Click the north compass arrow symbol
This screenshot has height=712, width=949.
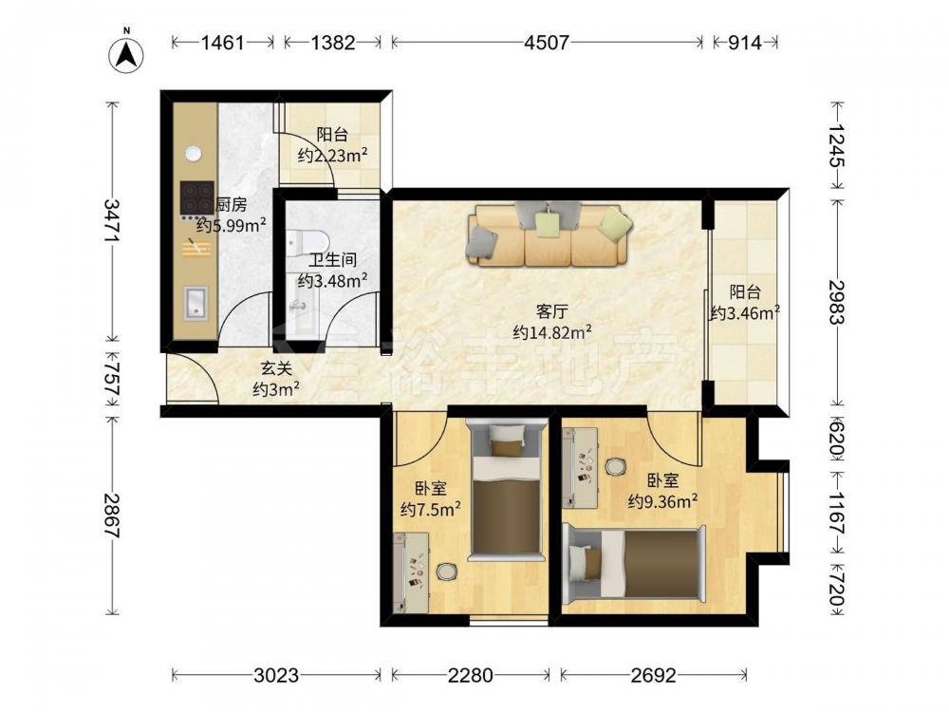tap(126, 56)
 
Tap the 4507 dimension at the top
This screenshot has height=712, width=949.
tap(548, 43)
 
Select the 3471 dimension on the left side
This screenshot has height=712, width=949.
tap(111, 221)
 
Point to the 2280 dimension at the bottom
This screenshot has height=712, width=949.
tap(471, 675)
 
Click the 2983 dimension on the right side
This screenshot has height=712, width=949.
tap(837, 302)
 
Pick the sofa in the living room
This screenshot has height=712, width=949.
tap(549, 234)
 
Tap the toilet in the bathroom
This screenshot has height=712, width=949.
tap(307, 242)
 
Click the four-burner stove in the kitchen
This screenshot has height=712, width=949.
tap(196, 198)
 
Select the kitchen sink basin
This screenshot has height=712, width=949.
tap(196, 304)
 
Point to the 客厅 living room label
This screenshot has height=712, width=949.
tap(551, 311)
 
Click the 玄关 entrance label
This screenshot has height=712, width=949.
tap(276, 368)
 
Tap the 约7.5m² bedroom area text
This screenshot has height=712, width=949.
tap(431, 509)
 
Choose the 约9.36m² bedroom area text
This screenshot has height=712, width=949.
tap(662, 501)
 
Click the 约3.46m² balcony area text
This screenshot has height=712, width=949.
tap(744, 313)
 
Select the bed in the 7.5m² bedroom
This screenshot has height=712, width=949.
tap(506, 491)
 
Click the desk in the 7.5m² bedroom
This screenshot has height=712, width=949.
tap(411, 572)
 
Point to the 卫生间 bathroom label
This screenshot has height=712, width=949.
tap(332, 260)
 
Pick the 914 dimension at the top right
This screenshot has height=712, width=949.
tap(744, 43)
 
